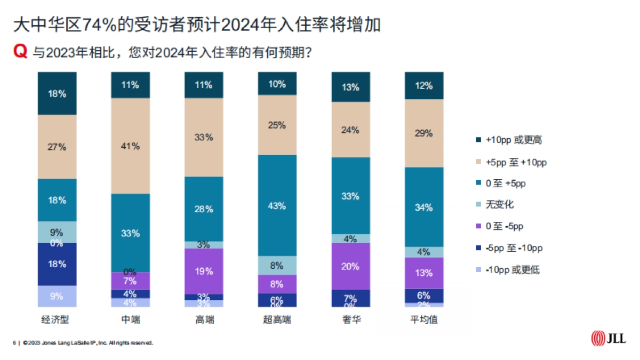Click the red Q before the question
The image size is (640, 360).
click(20, 52)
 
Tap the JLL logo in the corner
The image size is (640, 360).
click(608, 338)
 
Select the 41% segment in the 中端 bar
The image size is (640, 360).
click(130, 146)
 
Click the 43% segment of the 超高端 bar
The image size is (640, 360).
click(277, 205)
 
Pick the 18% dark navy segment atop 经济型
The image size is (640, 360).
click(57, 94)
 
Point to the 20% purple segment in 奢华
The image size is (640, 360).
click(350, 266)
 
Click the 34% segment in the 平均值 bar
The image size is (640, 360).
click(424, 207)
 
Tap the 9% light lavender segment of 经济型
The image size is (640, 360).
click(57, 296)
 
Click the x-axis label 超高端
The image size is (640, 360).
click(277, 320)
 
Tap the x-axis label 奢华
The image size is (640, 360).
click(350, 320)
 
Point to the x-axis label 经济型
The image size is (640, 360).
click(57, 320)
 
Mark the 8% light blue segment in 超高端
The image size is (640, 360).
click(277, 265)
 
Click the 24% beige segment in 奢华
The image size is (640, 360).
click(350, 130)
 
